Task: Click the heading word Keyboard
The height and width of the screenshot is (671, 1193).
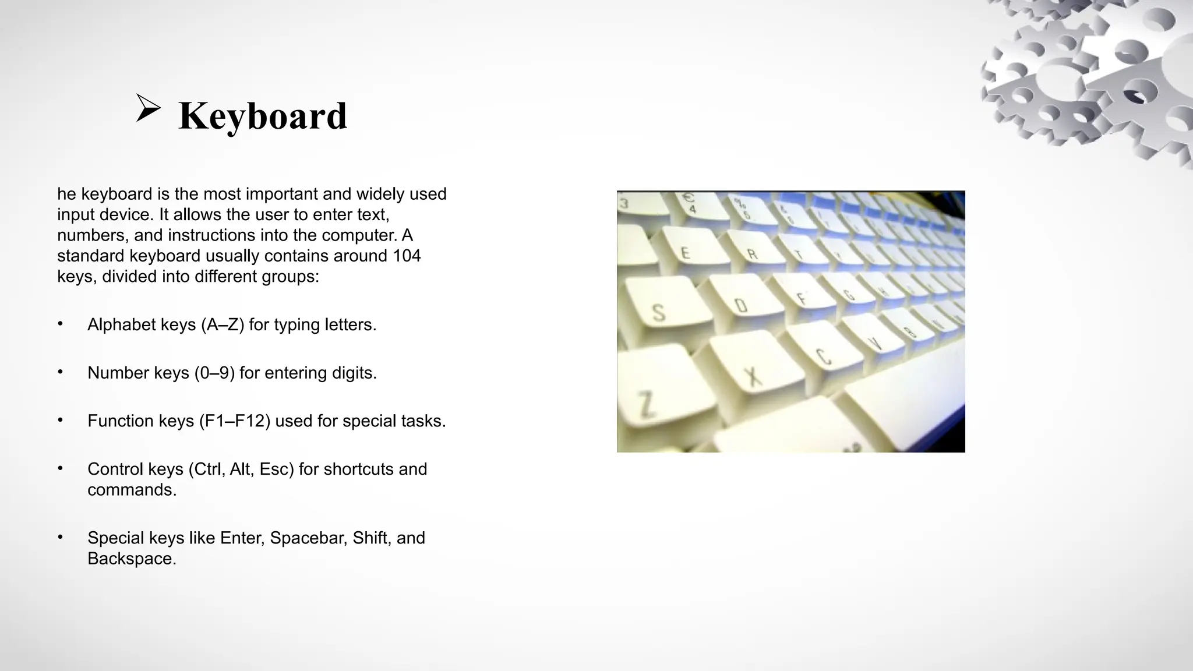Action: point(263,115)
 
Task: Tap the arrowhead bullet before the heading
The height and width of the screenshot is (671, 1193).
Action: point(148,108)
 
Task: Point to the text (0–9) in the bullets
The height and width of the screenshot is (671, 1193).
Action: point(214,373)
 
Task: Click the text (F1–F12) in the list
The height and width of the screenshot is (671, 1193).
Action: point(234,421)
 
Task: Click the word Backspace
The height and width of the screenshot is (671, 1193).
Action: point(132,559)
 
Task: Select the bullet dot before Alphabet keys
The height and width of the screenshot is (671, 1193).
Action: point(60,324)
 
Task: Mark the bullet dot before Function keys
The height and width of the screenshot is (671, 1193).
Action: point(60,420)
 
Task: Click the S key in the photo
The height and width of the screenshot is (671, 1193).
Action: point(659,312)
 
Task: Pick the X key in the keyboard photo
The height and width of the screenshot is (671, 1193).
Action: point(753,376)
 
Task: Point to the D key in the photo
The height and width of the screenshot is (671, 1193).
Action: point(740,305)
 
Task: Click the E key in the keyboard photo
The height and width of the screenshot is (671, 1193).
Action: point(686,253)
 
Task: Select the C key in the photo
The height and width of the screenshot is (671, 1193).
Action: point(823,355)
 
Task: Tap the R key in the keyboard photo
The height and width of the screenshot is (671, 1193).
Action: point(752,254)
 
